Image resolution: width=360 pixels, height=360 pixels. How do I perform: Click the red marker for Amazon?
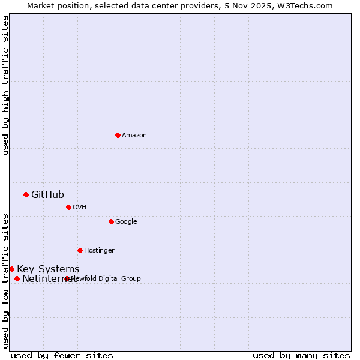[x=118, y=135]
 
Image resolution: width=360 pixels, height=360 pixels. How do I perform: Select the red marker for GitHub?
[x=26, y=194]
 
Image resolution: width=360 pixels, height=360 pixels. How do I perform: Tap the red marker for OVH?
[x=68, y=207]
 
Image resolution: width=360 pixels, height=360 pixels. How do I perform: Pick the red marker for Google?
[x=111, y=221]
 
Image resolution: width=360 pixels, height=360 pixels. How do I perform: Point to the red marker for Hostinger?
[x=80, y=250]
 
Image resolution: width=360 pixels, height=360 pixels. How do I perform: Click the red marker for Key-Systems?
[x=11, y=269]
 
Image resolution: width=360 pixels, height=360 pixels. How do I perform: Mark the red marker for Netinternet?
[x=17, y=278]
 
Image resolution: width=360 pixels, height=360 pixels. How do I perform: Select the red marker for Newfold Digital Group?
[x=67, y=278]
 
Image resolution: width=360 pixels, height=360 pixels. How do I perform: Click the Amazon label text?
[x=134, y=136]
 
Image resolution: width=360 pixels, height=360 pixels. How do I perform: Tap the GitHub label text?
[x=47, y=194]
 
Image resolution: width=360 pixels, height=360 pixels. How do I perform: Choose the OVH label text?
[x=80, y=208]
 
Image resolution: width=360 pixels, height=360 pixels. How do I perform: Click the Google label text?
[x=126, y=222]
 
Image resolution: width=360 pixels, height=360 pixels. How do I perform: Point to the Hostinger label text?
[x=99, y=251]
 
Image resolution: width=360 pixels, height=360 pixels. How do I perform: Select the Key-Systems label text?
[x=48, y=269]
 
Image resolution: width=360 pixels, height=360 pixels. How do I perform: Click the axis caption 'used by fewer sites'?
[x=62, y=355]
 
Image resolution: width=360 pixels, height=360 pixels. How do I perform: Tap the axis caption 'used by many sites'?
[x=301, y=355]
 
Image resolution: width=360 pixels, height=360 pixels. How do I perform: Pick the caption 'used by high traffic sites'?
[x=5, y=85]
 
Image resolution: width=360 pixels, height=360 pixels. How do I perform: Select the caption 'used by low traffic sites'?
[x=5, y=281]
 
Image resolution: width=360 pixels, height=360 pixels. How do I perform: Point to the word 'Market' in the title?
[x=41, y=5]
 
